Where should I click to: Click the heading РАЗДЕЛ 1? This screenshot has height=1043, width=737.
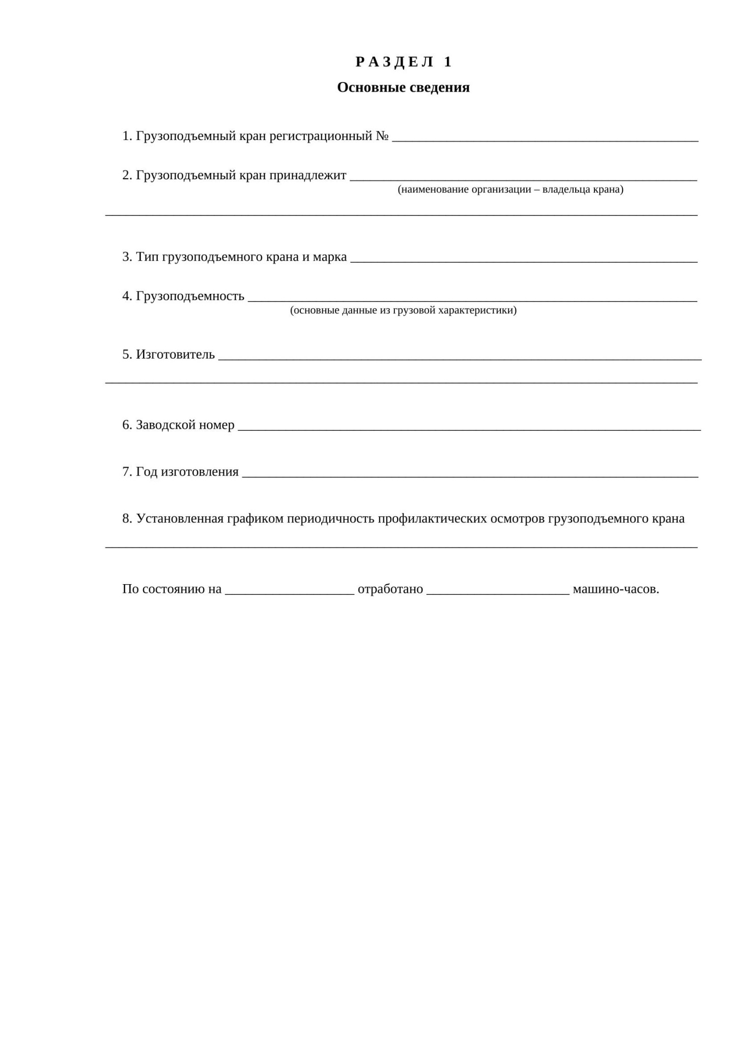(x=404, y=62)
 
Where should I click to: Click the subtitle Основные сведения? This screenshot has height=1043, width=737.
(x=403, y=88)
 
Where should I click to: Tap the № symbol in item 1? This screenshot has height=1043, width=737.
(x=382, y=136)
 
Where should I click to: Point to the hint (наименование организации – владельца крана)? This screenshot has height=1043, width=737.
(x=511, y=189)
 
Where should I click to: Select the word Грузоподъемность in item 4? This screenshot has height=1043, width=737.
(x=190, y=296)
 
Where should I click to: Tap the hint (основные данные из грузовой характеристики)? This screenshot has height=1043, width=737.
(x=403, y=310)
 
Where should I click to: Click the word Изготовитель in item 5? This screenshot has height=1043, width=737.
(x=175, y=354)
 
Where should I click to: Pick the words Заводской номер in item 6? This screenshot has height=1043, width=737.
(x=185, y=425)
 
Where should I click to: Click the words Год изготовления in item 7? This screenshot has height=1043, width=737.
(x=187, y=472)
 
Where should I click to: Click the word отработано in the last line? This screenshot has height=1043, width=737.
(x=390, y=589)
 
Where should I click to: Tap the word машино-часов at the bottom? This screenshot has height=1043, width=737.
(x=616, y=589)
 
